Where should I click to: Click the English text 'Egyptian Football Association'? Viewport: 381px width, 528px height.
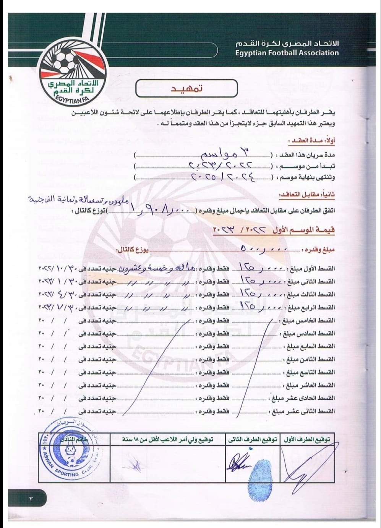(x=287, y=53)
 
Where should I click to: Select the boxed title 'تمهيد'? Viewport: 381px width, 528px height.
(x=187, y=89)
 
